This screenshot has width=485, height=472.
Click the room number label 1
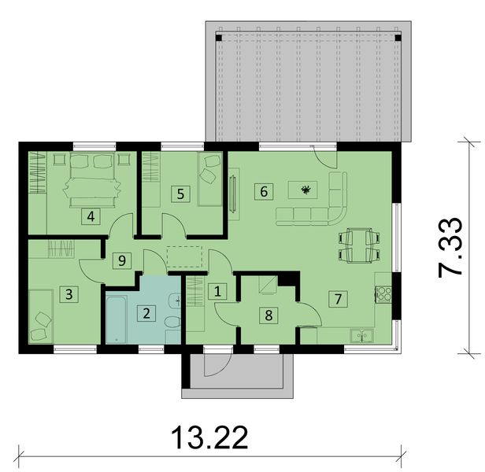click(x=218, y=290)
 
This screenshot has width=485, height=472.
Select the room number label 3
click(x=69, y=294)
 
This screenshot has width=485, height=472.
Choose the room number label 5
click(x=180, y=193)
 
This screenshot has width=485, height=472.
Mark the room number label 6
click(x=264, y=190)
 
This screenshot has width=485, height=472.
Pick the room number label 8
click(x=268, y=315)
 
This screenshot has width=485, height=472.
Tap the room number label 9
click(x=120, y=260)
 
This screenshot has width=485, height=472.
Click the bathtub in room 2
click(x=120, y=319)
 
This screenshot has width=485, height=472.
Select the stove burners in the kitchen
click(x=385, y=294)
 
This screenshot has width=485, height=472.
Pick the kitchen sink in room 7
click(x=362, y=336)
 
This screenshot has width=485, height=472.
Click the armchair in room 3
click(x=41, y=326)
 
